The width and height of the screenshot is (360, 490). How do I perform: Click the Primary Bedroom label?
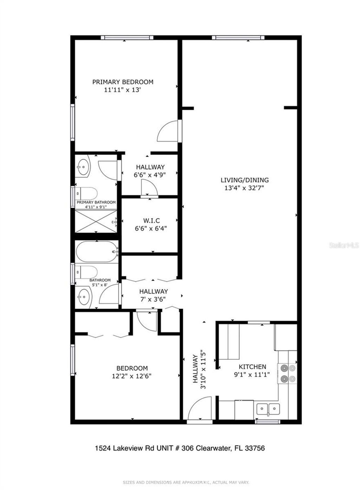(123, 82)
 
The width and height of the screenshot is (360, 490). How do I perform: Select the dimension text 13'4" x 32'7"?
(244, 188)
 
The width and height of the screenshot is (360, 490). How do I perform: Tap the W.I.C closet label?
(151, 221)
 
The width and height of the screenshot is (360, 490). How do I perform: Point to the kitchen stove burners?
(287, 373)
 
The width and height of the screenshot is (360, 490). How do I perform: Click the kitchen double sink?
(268, 409)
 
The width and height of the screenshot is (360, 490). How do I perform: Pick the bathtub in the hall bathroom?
(96, 251)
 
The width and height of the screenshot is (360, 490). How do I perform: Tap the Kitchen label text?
(252, 367)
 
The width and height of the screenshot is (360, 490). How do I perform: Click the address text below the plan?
(180, 448)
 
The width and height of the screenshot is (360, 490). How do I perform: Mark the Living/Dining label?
(244, 180)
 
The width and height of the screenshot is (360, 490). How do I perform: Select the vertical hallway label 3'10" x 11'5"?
(199, 369)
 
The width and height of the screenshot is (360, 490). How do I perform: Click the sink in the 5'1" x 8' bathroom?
(84, 297)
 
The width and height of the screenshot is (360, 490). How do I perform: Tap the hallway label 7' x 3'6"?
(153, 295)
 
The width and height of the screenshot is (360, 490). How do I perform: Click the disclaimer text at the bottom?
(186, 482)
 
